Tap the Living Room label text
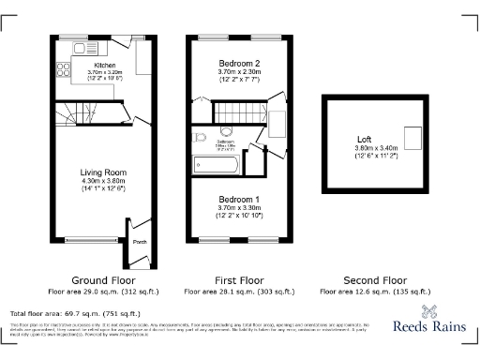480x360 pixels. click(103, 172)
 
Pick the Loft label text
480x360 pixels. click(352, 140)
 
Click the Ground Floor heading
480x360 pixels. click(103, 280)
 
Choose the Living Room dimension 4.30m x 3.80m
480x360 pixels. click(103, 181)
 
